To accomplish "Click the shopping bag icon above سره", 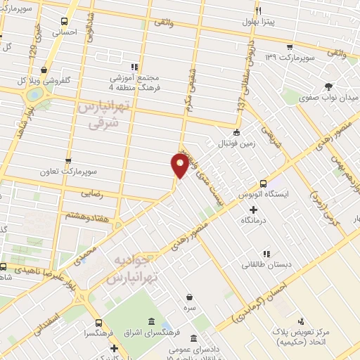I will point(189,298).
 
